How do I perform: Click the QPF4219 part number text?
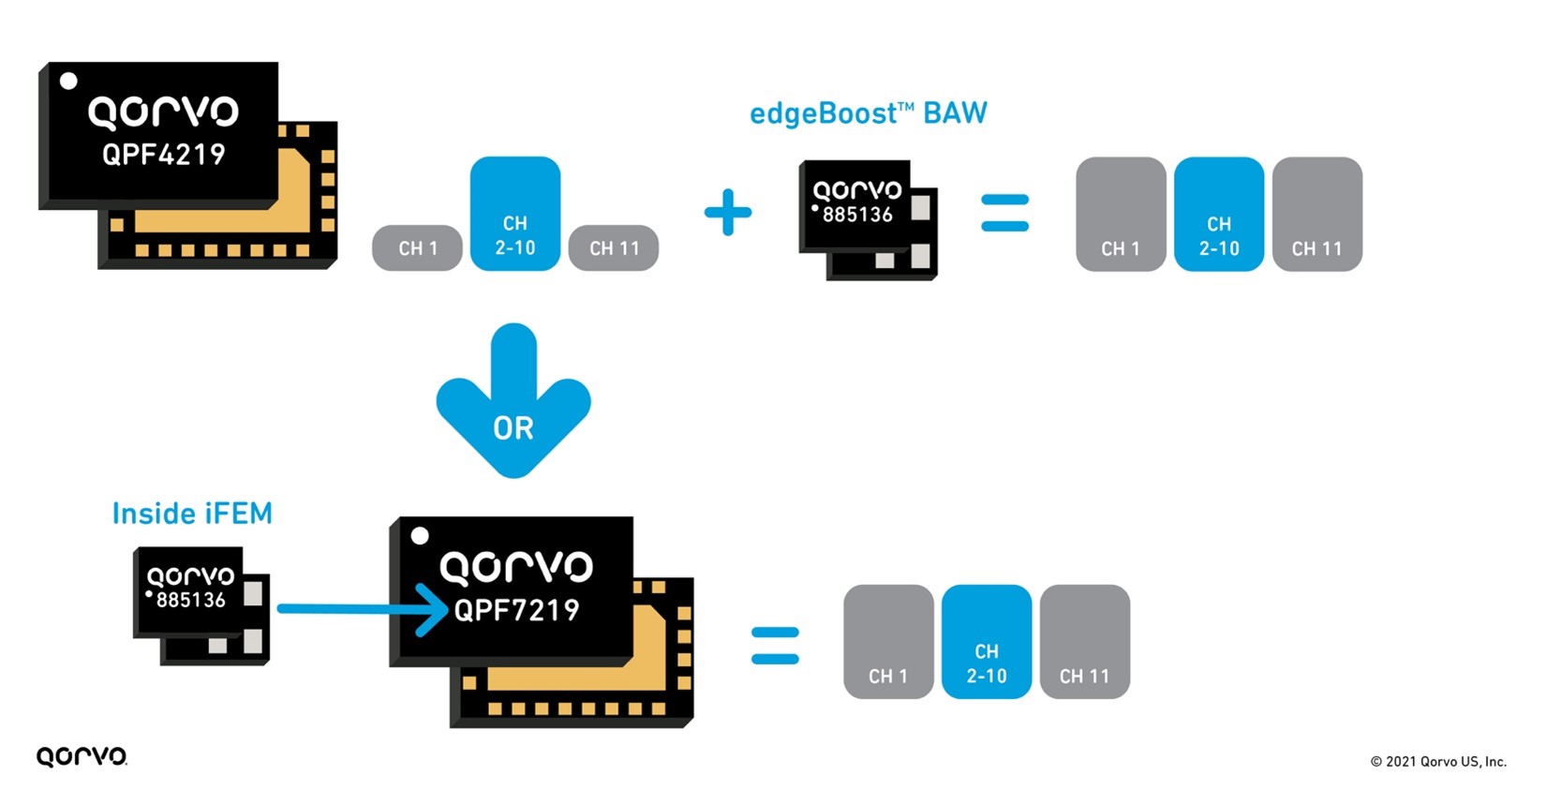164,155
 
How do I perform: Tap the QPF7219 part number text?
516,611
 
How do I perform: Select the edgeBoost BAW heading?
868,114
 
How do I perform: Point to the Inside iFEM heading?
192,514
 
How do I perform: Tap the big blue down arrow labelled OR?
513,403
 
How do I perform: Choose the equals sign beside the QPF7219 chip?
775,646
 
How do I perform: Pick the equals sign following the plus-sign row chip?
1004,213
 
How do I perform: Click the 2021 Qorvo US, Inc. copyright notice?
1438,761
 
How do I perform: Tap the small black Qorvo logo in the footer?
82,756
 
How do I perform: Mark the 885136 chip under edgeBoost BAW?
867,218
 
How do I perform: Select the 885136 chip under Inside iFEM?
201,604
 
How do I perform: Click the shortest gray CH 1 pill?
417,248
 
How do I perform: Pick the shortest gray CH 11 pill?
614,248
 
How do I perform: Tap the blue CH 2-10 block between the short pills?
515,215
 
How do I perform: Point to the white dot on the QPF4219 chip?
68,82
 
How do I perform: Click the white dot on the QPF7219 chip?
420,536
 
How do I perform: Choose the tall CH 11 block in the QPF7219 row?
1084,642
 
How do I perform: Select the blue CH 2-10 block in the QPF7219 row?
987,642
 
